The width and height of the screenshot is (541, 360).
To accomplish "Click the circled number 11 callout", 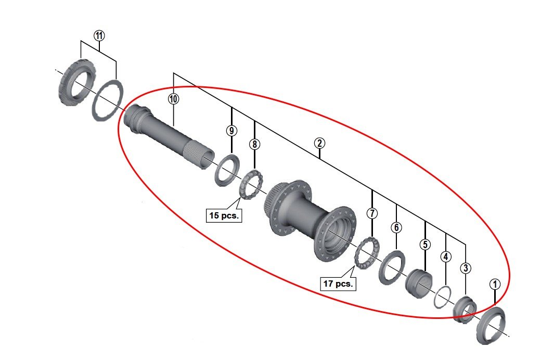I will pyautogui.click(x=99, y=35).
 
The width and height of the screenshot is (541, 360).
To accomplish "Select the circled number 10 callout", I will pyautogui.click(x=173, y=98).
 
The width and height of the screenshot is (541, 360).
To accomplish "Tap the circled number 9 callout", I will pyautogui.click(x=231, y=131).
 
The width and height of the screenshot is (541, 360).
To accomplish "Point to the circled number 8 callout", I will pyautogui.click(x=254, y=144).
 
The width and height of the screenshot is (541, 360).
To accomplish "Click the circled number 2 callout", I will pyautogui.click(x=319, y=143).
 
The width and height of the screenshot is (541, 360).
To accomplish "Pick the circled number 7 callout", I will pyautogui.click(x=371, y=213).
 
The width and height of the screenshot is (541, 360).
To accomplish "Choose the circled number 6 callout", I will pyautogui.click(x=396, y=227).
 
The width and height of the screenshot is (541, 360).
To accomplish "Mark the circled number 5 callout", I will pyautogui.click(x=426, y=244).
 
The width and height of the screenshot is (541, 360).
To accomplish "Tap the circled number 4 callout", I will pyautogui.click(x=446, y=256).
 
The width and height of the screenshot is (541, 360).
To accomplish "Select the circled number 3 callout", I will pyautogui.click(x=465, y=268).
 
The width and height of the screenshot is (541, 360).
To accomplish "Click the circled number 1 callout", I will pyautogui.click(x=495, y=284).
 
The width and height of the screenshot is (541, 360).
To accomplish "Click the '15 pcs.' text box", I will pyautogui.click(x=224, y=215).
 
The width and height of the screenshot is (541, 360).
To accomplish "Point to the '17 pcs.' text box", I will pyautogui.click(x=338, y=284).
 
